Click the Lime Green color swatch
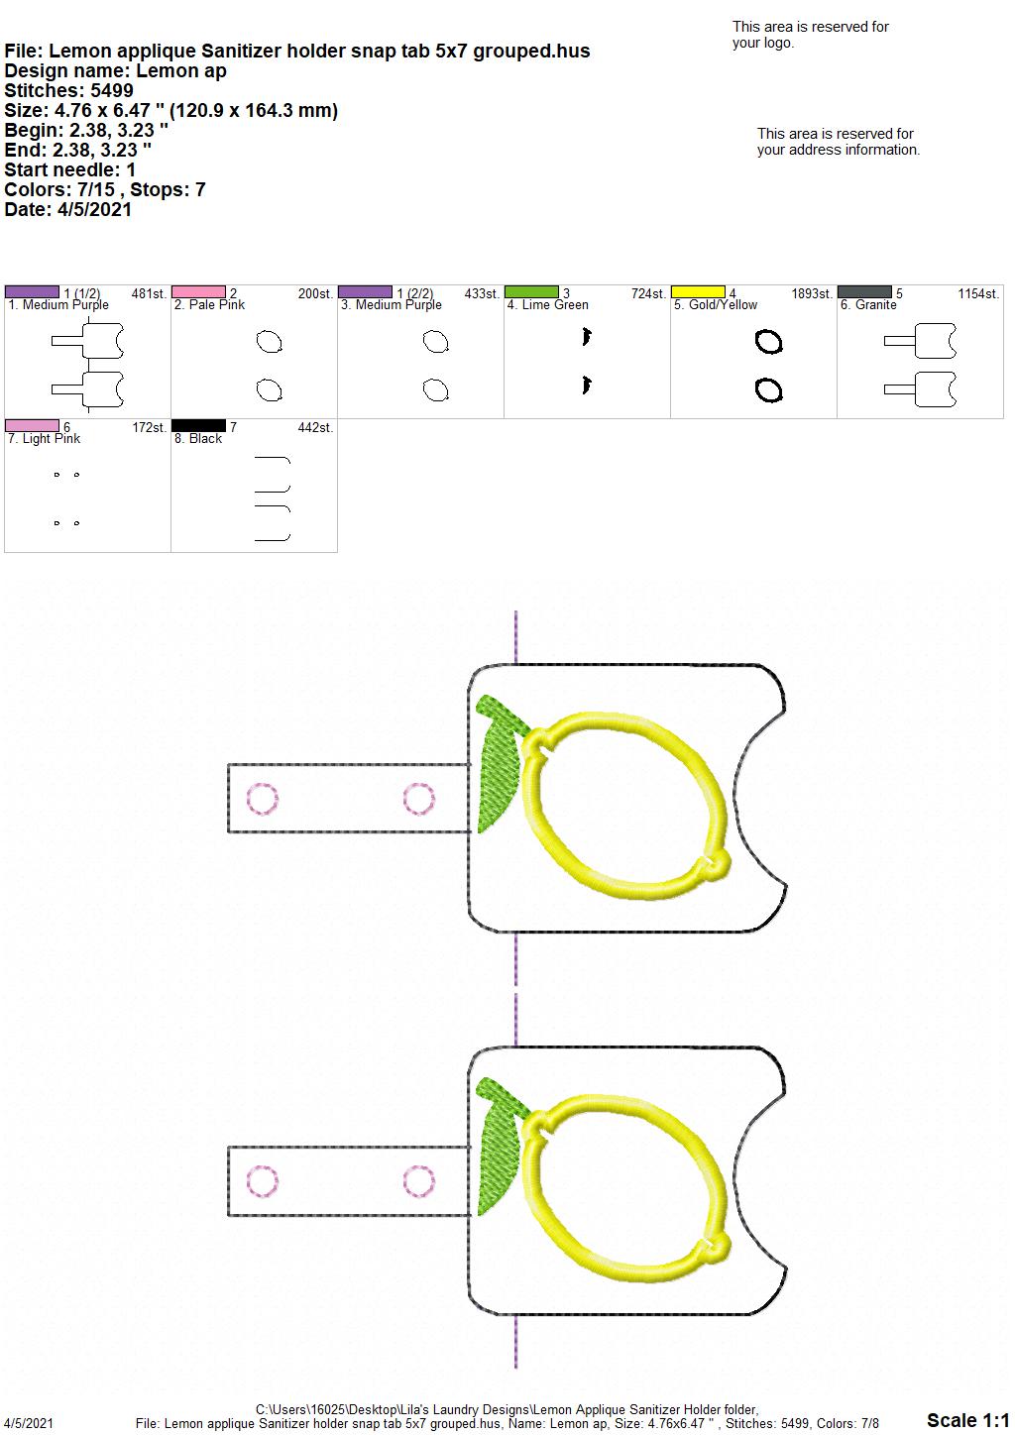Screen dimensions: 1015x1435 (531, 292)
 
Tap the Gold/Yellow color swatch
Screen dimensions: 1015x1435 (698, 292)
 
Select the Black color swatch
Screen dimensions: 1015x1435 (198, 426)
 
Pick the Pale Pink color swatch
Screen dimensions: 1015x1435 (198, 292)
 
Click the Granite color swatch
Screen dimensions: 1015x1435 (864, 292)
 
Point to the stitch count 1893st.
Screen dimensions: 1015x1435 (812, 294)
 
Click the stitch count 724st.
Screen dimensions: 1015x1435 (648, 294)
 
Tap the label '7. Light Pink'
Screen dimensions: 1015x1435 (45, 439)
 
